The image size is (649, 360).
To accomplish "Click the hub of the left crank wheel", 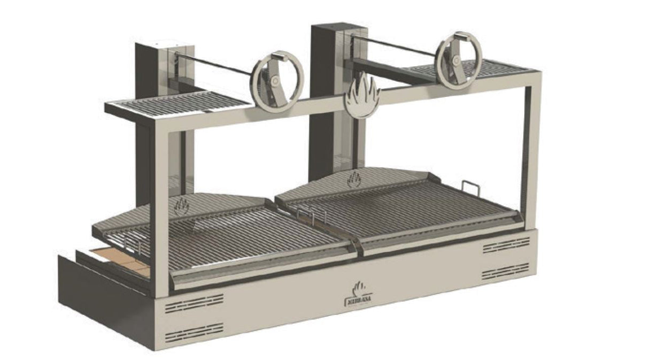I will click(x=274, y=80).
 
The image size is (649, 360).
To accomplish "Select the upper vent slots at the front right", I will click(x=506, y=245).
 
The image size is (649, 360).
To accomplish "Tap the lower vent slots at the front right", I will click(x=506, y=271).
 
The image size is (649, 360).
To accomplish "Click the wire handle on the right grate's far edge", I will click(x=469, y=188).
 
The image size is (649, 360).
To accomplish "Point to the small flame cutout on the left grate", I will click(x=182, y=204).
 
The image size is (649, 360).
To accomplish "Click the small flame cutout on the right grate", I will click(x=354, y=179).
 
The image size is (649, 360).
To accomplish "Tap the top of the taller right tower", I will click(x=331, y=28).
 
